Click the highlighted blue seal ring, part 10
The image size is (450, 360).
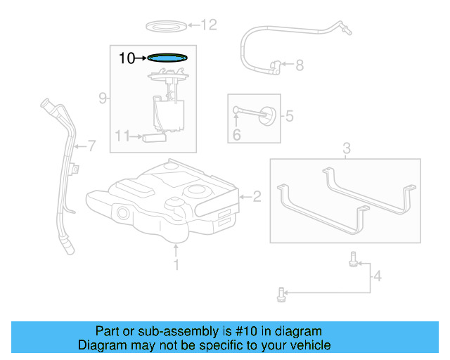pos(168,58)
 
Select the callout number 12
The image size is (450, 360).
pos(210,26)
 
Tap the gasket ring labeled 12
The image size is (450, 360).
pos(166,26)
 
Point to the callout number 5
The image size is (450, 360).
pos(288,116)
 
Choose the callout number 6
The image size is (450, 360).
pos(236,134)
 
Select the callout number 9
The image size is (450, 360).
pos(103,98)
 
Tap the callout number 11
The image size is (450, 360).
pos(122,136)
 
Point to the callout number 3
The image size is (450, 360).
pos(346,148)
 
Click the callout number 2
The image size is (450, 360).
pos(257,197)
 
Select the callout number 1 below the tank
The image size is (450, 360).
pos(176,264)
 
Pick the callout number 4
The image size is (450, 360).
pos(377,276)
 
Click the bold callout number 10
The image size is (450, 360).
pos(127,58)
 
